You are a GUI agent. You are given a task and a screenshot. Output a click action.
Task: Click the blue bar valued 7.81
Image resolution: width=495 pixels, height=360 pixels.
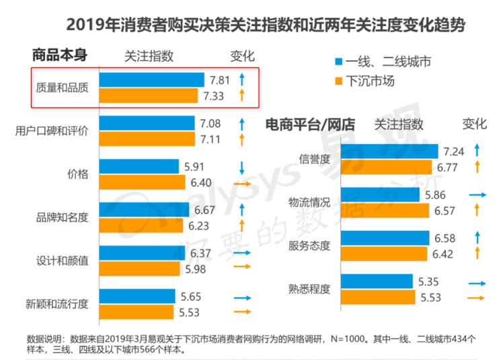tap(151, 80)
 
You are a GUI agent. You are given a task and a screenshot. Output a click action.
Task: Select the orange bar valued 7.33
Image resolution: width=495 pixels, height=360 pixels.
tap(149, 97)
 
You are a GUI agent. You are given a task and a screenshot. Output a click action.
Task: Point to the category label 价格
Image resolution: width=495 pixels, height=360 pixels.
tap(78, 174)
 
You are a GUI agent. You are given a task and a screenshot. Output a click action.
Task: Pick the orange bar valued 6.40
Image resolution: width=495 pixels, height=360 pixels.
tap(142, 182)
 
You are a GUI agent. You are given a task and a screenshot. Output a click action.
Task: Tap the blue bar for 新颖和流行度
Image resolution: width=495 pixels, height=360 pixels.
tap(137, 297)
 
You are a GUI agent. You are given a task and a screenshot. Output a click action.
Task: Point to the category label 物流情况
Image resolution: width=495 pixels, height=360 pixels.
tap(309, 203)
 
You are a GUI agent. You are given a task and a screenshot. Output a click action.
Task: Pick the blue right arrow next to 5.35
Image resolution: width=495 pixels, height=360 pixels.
tap(479, 284)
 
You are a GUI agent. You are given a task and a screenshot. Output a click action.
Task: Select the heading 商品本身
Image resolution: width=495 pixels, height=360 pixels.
tap(61, 55)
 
